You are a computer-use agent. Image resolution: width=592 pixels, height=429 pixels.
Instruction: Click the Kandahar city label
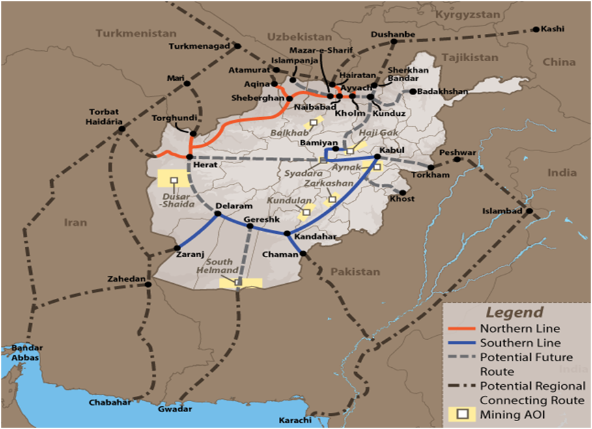point(315,237)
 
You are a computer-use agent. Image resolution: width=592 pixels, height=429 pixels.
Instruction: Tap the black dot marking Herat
point(189,157)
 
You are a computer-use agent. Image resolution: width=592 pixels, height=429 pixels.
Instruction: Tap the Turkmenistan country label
point(135,33)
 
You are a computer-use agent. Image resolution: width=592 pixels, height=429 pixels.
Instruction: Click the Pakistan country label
point(354,271)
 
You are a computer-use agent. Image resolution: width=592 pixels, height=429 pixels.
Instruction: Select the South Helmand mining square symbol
point(238,283)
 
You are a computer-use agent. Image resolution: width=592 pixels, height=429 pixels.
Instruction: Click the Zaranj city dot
point(177,247)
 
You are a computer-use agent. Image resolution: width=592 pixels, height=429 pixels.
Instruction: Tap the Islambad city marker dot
point(529,212)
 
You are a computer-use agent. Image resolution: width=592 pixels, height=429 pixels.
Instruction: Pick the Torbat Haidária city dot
point(121,129)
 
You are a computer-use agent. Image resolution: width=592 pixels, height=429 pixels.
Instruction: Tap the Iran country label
point(76,223)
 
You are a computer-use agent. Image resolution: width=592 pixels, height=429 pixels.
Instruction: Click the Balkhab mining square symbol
point(313,122)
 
